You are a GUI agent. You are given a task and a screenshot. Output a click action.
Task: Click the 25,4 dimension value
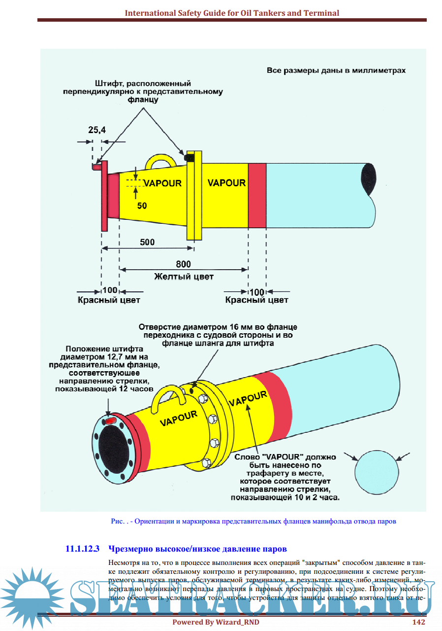(97, 130)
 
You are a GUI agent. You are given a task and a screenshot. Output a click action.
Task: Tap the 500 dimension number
(147, 242)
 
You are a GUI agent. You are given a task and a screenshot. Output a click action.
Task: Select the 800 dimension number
(183, 264)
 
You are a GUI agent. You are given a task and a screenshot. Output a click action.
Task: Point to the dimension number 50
(142, 206)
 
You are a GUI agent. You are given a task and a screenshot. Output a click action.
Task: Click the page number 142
(418, 622)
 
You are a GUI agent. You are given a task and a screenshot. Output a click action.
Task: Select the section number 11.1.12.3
(83, 548)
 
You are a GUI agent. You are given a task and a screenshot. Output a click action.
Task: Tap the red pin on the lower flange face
(111, 421)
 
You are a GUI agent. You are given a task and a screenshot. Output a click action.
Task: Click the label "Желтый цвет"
(184, 277)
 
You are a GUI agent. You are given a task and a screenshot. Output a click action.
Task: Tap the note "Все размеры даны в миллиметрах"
(336, 70)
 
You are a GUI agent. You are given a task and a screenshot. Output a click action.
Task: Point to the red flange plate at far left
(104, 197)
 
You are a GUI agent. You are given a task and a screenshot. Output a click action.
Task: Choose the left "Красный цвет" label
(109, 300)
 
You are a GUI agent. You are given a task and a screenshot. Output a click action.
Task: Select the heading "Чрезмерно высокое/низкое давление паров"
(197, 548)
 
